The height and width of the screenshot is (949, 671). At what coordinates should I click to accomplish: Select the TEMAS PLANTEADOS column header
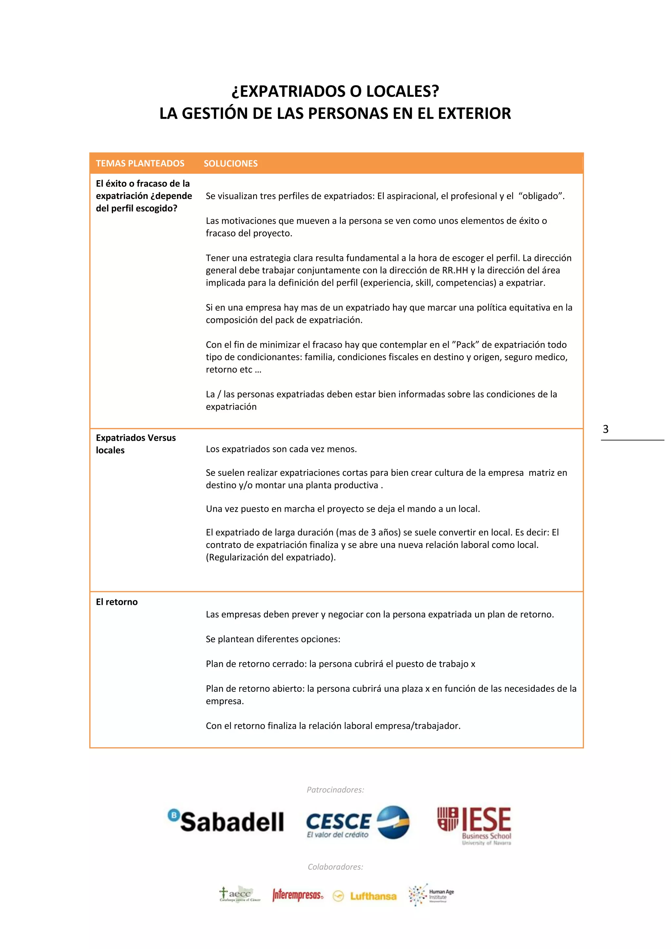click(140, 163)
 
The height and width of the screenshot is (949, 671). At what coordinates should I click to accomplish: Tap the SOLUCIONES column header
click(231, 163)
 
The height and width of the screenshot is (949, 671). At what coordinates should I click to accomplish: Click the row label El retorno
click(117, 602)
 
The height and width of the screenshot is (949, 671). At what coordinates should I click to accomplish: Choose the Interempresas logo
click(297, 895)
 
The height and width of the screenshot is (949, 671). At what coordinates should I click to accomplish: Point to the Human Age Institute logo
click(431, 895)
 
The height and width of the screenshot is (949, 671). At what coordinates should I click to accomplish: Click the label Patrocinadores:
click(335, 789)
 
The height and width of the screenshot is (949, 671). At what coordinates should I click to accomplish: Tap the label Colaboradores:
click(335, 867)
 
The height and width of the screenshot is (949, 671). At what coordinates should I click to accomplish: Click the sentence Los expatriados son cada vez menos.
click(281, 449)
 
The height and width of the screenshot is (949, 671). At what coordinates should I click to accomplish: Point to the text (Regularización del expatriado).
click(271, 557)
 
